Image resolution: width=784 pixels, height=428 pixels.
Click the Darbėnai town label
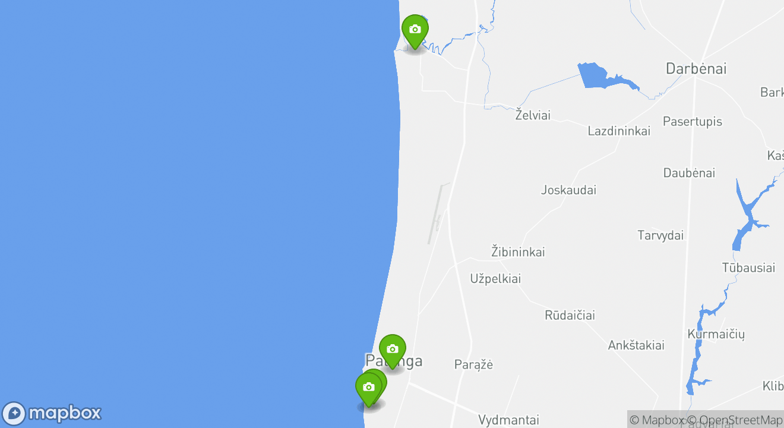tap(696, 68)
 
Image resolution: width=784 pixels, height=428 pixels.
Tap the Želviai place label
tap(533, 115)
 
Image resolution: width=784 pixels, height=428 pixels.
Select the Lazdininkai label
tap(619, 131)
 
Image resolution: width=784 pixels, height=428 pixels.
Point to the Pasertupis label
tap(693, 122)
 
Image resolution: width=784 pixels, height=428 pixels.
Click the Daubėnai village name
tap(689, 174)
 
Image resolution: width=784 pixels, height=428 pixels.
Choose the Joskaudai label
tap(568, 190)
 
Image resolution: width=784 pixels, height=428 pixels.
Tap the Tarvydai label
tap(660, 235)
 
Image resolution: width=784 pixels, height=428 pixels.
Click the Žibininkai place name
tap(518, 252)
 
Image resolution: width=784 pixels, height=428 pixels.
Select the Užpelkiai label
tap(495, 279)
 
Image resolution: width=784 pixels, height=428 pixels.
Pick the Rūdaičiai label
tap(570, 316)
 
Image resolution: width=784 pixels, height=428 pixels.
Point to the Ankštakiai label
tap(636, 345)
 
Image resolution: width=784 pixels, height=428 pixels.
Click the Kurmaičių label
tap(716, 334)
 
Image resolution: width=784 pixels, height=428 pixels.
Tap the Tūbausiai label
tap(748, 268)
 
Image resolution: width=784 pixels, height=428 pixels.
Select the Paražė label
tap(473, 365)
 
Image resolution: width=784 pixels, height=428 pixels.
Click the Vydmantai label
tap(508, 420)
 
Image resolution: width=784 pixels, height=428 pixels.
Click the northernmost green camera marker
tap(415, 30)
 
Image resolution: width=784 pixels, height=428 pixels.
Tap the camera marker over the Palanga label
tap(392, 350)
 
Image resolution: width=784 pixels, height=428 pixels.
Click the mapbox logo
tap(52, 413)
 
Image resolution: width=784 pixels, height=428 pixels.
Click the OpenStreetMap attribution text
tap(741, 420)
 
